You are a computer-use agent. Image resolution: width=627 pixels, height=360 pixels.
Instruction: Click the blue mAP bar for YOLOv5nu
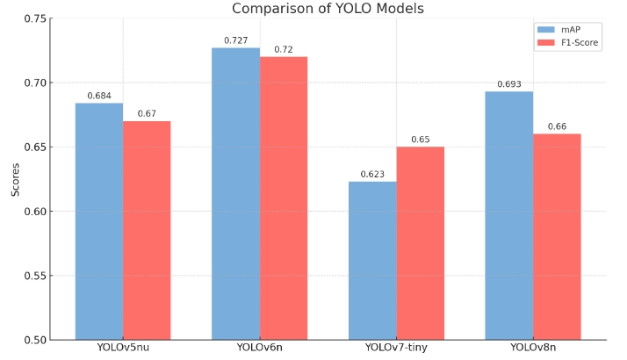coord(98,221)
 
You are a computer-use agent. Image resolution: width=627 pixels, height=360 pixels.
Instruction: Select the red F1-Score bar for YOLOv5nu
coord(147,230)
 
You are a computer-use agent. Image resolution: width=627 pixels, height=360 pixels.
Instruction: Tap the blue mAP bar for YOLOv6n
coord(235,193)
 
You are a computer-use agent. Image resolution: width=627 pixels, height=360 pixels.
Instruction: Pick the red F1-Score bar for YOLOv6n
coord(284,198)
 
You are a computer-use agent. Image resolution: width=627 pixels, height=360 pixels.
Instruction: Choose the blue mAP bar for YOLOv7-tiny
coord(372,260)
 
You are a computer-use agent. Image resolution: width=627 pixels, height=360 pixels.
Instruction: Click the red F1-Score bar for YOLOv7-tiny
coord(421,243)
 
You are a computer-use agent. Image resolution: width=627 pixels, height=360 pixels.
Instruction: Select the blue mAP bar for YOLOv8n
coord(509,215)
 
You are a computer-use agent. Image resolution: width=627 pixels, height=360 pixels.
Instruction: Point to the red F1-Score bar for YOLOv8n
coord(558,236)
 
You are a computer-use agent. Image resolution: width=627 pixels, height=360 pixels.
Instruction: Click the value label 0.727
coord(235,40)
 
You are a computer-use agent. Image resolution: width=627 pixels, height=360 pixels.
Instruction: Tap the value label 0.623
coord(372,175)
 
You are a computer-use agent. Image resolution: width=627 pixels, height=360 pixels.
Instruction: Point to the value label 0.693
coord(509,84)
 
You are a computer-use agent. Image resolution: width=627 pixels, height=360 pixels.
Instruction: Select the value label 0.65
coord(421,140)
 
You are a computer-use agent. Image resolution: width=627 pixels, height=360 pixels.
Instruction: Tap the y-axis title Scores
coord(15,179)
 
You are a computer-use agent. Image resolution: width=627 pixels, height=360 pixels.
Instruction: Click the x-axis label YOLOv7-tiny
coord(396,349)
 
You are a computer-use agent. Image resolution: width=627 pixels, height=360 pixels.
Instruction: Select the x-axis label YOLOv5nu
coord(123,349)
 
